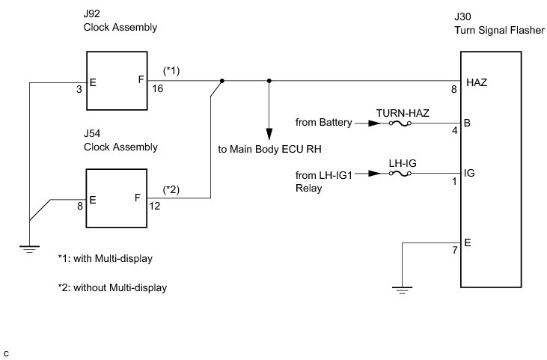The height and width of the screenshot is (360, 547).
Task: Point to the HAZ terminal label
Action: [476, 82]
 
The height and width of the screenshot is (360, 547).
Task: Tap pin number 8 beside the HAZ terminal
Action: [453, 90]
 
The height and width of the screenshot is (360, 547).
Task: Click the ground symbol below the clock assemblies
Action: [29, 248]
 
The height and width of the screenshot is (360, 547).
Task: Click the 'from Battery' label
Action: [323, 122]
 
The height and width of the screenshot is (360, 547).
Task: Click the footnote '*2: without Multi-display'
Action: [112, 287]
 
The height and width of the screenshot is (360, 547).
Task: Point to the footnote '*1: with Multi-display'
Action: [106, 258]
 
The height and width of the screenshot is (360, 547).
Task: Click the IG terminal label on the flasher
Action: [469, 174]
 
